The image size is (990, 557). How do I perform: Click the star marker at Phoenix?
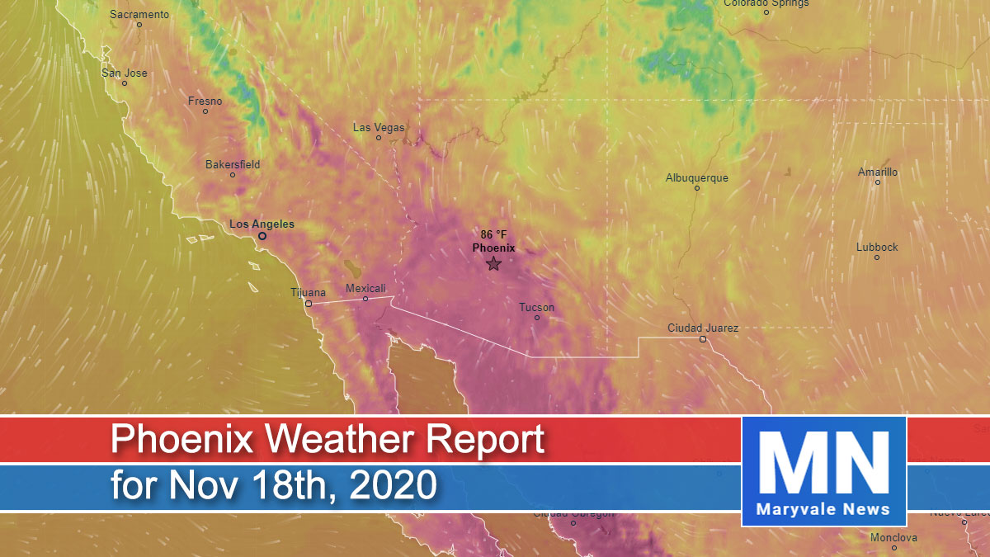[x=493, y=264]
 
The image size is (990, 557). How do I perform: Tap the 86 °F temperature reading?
[x=493, y=234]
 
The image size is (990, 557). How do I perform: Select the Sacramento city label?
[x=139, y=15]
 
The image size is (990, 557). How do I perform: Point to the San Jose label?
[x=125, y=73]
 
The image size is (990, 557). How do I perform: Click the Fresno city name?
[x=205, y=101]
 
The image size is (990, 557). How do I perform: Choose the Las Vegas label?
[x=379, y=128]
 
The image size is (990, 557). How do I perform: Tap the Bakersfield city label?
[x=233, y=165]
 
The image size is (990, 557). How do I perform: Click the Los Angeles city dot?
[x=262, y=236]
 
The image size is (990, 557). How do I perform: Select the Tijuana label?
[x=309, y=293]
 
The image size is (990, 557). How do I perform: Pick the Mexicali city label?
[x=365, y=288]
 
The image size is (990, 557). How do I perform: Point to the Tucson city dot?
[x=537, y=318]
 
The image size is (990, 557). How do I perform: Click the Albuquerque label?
[x=697, y=178]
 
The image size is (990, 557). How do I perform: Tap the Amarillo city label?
[x=878, y=172]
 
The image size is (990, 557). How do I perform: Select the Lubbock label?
[x=877, y=248]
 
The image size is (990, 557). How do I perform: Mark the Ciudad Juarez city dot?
[x=703, y=338]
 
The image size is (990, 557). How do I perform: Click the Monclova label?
[x=894, y=538]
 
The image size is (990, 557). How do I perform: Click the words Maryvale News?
[x=824, y=509]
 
